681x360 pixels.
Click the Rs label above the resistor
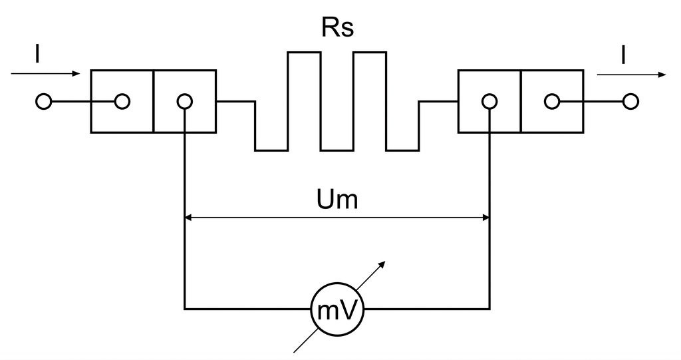tap(337, 27)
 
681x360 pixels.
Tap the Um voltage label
tap(337, 200)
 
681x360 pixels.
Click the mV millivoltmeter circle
tap(337, 309)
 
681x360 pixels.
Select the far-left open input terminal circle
tap(43, 102)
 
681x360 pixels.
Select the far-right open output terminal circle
tap(630, 102)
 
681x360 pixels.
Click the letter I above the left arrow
tap(37, 55)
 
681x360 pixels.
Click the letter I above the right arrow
tap(624, 55)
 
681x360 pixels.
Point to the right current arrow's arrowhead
tap(662, 75)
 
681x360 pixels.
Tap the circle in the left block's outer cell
tap(122, 102)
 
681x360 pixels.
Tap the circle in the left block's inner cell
tap(185, 102)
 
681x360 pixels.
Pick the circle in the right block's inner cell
tap(489, 102)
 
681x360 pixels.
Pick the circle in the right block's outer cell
tap(552, 102)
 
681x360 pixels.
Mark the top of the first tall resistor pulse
tap(304, 53)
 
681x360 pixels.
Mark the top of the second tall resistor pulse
tap(370, 53)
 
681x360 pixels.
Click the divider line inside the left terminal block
tap(154, 101)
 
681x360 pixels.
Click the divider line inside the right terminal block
tap(521, 101)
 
